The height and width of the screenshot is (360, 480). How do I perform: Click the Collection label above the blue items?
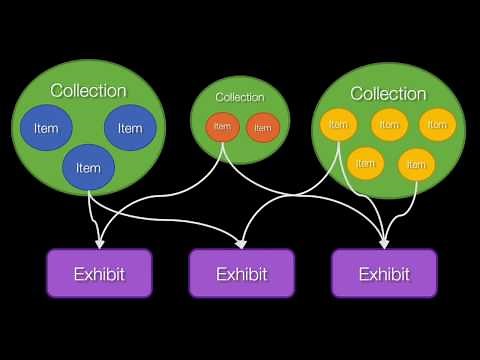88,90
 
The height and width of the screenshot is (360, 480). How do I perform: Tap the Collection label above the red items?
240,97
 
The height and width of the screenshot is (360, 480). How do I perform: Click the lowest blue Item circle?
88,167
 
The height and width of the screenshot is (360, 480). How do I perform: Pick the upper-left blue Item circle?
46,128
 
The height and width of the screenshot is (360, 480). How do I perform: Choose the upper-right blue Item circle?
130,127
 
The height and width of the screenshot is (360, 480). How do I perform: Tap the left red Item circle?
222,127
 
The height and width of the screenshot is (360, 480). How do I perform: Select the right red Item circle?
262,128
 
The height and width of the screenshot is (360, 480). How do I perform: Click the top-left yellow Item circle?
338,125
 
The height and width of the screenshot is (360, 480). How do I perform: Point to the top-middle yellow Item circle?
388,125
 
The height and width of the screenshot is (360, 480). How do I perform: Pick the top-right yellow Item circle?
435,125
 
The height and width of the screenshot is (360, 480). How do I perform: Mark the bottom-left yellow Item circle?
365,163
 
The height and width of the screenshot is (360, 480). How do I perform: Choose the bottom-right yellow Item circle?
416,164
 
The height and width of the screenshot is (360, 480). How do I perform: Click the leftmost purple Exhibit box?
100,273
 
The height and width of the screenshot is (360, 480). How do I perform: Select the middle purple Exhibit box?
242,273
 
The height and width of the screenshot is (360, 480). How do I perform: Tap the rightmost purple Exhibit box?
385,273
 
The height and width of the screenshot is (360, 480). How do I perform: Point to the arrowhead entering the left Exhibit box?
99,242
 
